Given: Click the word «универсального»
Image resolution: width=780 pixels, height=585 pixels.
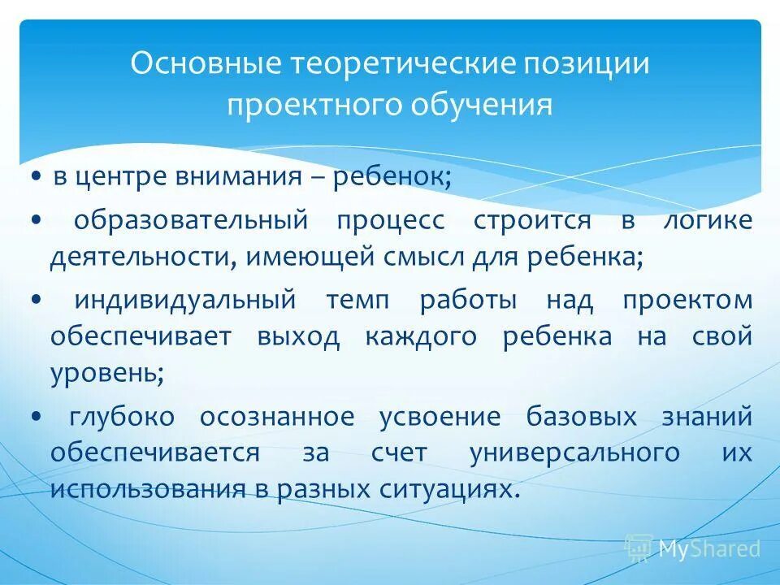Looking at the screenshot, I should (x=574, y=453).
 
